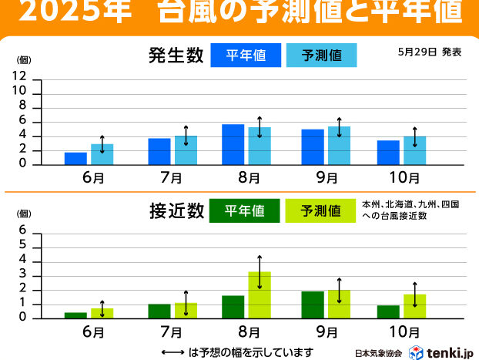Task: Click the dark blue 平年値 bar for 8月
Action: (x=233, y=144)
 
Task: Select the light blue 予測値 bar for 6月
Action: (x=102, y=154)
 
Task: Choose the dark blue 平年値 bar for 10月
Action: (x=388, y=153)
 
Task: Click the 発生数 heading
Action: (x=176, y=56)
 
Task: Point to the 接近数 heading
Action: (x=176, y=210)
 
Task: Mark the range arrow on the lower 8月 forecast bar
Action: (x=260, y=272)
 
